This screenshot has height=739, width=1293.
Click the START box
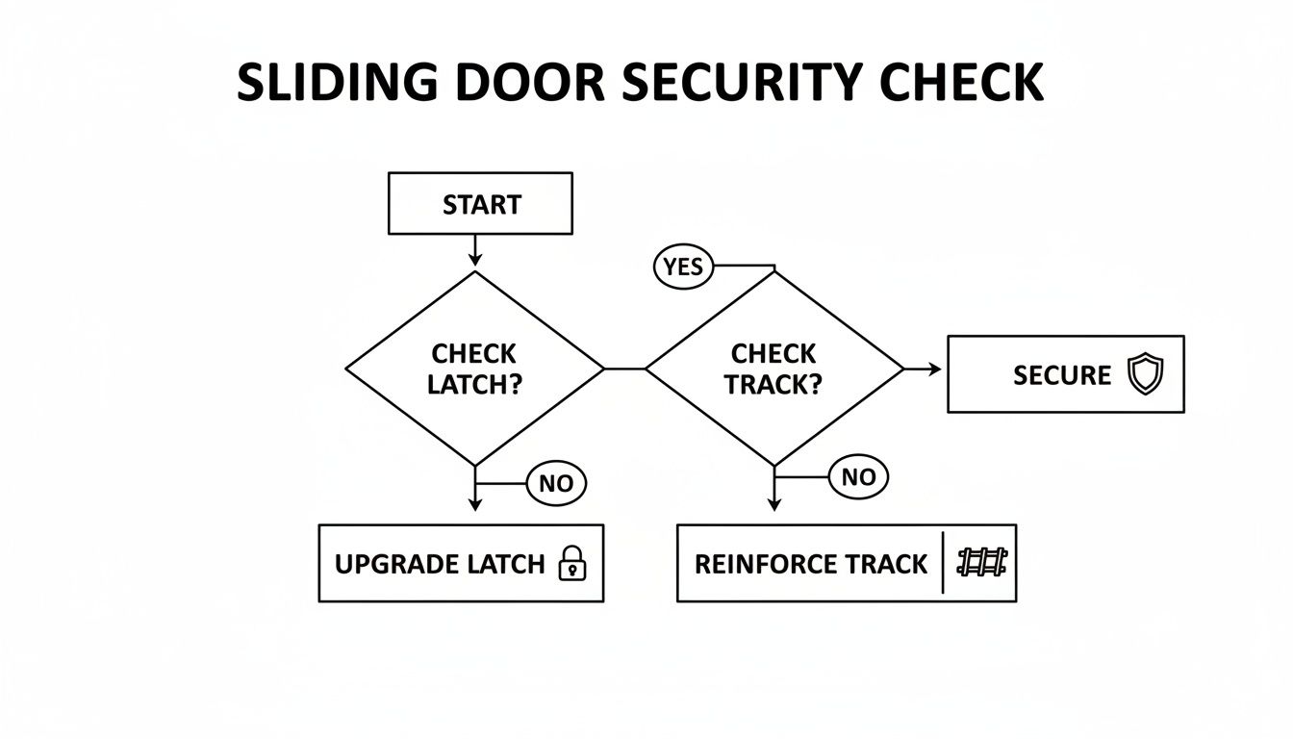click(480, 204)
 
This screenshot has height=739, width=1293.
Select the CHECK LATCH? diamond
click(474, 369)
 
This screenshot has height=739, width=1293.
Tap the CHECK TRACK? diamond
click(774, 369)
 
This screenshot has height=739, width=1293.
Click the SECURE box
click(1065, 374)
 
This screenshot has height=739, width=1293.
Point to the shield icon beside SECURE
click(1145, 374)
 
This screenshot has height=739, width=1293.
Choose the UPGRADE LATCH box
click(461, 563)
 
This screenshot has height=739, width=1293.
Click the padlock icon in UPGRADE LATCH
click(572, 564)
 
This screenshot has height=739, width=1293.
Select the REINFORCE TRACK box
click(846, 563)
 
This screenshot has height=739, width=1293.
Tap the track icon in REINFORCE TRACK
click(982, 563)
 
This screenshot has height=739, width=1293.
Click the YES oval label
click(683, 267)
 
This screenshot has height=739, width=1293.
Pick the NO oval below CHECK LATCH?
click(556, 484)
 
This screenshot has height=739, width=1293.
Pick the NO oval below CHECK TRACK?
click(858, 476)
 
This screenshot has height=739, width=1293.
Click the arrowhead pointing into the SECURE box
click(934, 369)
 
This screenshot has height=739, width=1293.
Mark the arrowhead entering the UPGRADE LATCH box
click(474, 504)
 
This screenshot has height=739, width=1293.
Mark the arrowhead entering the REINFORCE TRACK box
click(774, 504)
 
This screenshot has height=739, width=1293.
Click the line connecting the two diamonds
click(624, 369)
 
